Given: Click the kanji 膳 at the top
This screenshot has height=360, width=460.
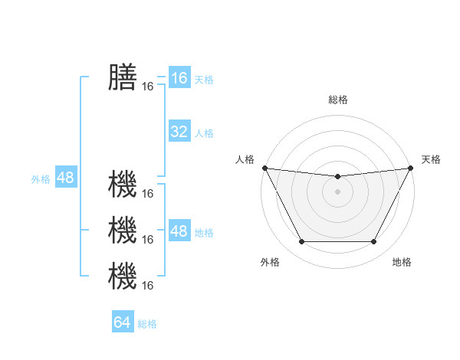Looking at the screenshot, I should tap(123, 77).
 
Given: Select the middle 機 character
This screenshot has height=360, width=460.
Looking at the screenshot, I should tap(123, 230).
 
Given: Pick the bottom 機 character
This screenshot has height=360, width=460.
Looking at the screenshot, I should tap(123, 276).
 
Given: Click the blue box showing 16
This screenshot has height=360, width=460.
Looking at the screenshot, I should tap(179, 77).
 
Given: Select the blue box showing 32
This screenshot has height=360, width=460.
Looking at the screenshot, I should tap(179, 132).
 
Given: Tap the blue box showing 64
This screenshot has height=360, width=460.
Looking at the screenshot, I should tap(123, 322).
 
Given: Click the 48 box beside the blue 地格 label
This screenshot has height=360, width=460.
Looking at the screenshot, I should tap(179, 231).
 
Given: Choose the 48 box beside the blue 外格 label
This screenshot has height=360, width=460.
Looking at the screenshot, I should tap(65, 178).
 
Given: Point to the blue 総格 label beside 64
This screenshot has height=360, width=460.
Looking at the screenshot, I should tap(147, 324).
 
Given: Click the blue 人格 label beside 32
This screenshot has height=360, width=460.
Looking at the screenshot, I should tap(204, 133).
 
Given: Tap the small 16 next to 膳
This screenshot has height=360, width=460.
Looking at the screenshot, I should tap(148, 87).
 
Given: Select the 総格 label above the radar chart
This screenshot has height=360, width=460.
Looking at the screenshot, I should tap(337, 100).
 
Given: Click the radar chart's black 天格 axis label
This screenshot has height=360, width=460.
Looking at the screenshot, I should tap(431, 159).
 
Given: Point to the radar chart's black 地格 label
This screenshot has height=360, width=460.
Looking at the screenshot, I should tap(402, 262).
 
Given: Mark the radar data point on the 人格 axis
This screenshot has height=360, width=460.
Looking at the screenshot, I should tap(264, 168).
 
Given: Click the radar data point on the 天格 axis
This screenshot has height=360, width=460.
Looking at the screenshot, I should tap(410, 168).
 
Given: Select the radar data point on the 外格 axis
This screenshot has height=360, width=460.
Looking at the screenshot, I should tap(301, 242).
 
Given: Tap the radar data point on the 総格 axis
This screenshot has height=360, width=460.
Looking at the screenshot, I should tap(337, 177).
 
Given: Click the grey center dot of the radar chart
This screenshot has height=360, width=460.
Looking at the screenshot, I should tap(337, 191).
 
